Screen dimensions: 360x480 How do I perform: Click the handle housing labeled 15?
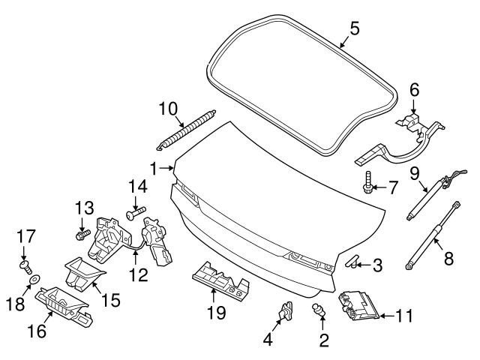(x=80, y=272)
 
